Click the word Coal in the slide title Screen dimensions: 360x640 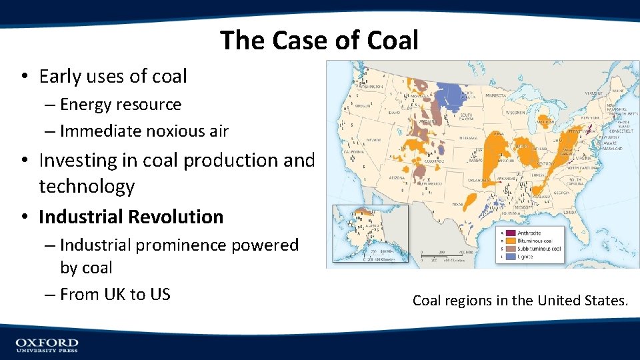point(392,41)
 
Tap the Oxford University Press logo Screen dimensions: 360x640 point(47,345)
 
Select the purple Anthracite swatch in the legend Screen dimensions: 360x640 point(509,233)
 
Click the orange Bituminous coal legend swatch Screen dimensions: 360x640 point(509,241)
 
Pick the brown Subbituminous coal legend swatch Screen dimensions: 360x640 point(509,249)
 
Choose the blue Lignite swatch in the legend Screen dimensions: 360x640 point(509,257)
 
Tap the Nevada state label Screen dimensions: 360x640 point(373,140)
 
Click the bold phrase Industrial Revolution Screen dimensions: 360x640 point(131,217)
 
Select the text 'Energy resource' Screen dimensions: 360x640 point(121,105)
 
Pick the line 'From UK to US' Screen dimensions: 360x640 point(115,294)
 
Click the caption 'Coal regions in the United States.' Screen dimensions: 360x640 point(520,301)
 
